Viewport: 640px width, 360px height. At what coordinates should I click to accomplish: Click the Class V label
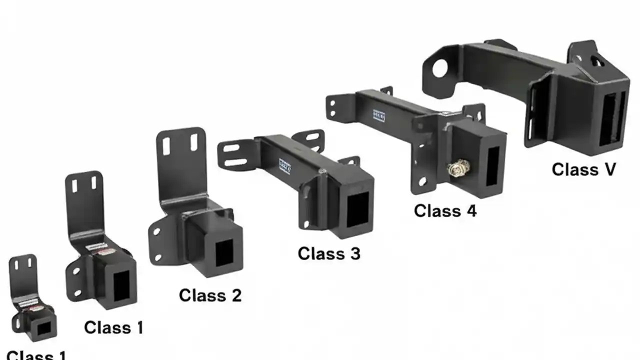click(x=583, y=169)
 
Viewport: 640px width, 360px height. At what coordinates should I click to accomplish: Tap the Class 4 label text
click(x=445, y=210)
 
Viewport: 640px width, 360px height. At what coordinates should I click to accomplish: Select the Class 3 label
click(x=328, y=253)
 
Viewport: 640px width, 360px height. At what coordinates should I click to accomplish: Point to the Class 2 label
click(x=210, y=295)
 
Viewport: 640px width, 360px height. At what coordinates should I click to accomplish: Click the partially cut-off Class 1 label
click(x=36, y=355)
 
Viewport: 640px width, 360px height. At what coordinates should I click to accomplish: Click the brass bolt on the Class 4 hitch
click(x=456, y=169)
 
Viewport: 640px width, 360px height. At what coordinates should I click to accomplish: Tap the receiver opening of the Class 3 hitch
click(x=357, y=207)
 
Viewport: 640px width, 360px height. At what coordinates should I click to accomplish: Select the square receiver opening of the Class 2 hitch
click(x=223, y=253)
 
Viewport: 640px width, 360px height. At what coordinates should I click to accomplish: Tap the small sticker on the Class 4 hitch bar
click(x=379, y=116)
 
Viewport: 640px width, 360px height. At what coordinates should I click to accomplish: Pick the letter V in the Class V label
click(x=609, y=169)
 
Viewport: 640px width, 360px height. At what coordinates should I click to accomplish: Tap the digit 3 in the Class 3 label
click(x=354, y=253)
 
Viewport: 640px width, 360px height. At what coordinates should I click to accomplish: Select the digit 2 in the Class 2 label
click(x=235, y=295)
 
